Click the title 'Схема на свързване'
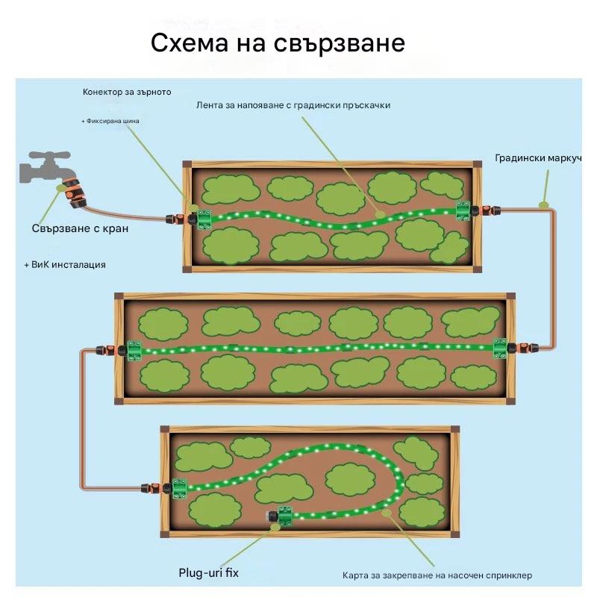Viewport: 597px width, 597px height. click(x=278, y=43)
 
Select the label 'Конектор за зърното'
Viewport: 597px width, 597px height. click(x=127, y=92)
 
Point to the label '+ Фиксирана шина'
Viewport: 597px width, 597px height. click(x=110, y=120)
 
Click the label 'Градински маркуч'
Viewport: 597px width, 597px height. click(x=537, y=159)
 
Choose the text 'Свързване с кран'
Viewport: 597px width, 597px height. click(x=80, y=228)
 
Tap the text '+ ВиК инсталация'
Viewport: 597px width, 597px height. click(x=64, y=264)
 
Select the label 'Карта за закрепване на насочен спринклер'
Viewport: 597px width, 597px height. click(x=437, y=575)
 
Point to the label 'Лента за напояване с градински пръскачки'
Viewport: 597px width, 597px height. click(x=293, y=105)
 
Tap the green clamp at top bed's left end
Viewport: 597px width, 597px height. click(x=202, y=219)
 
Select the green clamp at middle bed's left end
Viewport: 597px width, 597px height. click(x=134, y=349)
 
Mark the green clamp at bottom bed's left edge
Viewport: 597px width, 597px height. click(x=179, y=487)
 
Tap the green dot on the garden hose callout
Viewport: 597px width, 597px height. click(x=544, y=202)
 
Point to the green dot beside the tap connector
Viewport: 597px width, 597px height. click(x=59, y=188)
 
